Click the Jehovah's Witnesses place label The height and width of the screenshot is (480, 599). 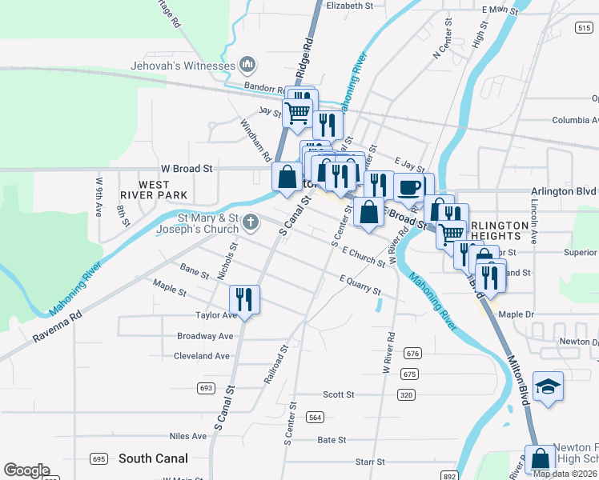pos(184,65)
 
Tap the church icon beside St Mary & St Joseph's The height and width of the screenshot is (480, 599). pos(251,222)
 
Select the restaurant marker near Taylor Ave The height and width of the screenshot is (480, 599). pos(244,300)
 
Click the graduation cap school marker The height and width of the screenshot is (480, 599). pos(548,386)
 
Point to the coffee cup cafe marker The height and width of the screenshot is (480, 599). pos(409,188)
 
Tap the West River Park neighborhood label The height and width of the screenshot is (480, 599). pos(153,189)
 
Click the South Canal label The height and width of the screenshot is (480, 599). pos(153,458)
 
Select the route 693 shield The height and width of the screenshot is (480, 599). pos(206,388)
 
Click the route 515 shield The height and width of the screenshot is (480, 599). pos(584,27)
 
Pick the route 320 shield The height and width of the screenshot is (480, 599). pos(407,394)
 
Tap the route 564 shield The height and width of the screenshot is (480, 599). pos(315,417)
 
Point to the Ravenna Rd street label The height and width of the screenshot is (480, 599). pos(58,327)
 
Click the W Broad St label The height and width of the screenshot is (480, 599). pos(187,169)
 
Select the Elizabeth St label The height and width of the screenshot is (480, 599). pos(350,5)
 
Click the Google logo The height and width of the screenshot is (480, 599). pos(26,470)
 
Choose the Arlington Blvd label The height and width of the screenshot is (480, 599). pos(564,192)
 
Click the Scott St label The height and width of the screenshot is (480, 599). pos(339,394)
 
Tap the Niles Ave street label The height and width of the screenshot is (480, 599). pos(188,436)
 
